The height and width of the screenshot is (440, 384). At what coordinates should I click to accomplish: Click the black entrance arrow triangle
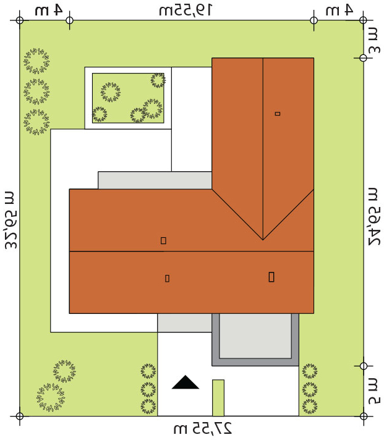tap(186, 383)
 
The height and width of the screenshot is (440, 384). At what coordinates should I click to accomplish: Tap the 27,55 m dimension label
tap(202, 428)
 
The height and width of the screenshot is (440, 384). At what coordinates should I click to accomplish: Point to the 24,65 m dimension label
tap(374, 216)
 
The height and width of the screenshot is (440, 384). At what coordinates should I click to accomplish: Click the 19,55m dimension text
tap(186, 11)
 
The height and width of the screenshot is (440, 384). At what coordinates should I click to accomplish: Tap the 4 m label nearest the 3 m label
tap(339, 11)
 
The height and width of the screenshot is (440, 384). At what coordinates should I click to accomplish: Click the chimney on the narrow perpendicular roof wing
tap(278, 114)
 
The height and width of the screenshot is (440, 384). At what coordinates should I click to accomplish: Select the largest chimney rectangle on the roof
tap(271, 277)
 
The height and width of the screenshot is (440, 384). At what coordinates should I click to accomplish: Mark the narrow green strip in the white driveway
tap(218, 397)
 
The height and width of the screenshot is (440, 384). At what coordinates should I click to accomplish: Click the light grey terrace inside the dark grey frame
tap(255, 336)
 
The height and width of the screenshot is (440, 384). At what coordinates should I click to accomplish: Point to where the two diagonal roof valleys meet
tap(263, 240)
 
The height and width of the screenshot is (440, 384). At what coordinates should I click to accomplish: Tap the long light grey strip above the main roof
tap(155, 180)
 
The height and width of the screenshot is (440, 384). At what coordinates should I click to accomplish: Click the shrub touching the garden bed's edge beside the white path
tap(158, 80)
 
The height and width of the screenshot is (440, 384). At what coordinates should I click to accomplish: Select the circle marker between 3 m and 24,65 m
tap(363, 58)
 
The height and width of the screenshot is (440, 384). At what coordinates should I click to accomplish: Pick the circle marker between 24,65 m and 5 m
tap(363, 366)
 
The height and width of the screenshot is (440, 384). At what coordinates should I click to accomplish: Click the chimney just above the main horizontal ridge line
tap(163, 240)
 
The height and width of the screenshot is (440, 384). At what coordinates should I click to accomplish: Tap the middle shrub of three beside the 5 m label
tap(310, 389)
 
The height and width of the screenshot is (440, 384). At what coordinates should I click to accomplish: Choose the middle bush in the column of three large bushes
tap(36, 91)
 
